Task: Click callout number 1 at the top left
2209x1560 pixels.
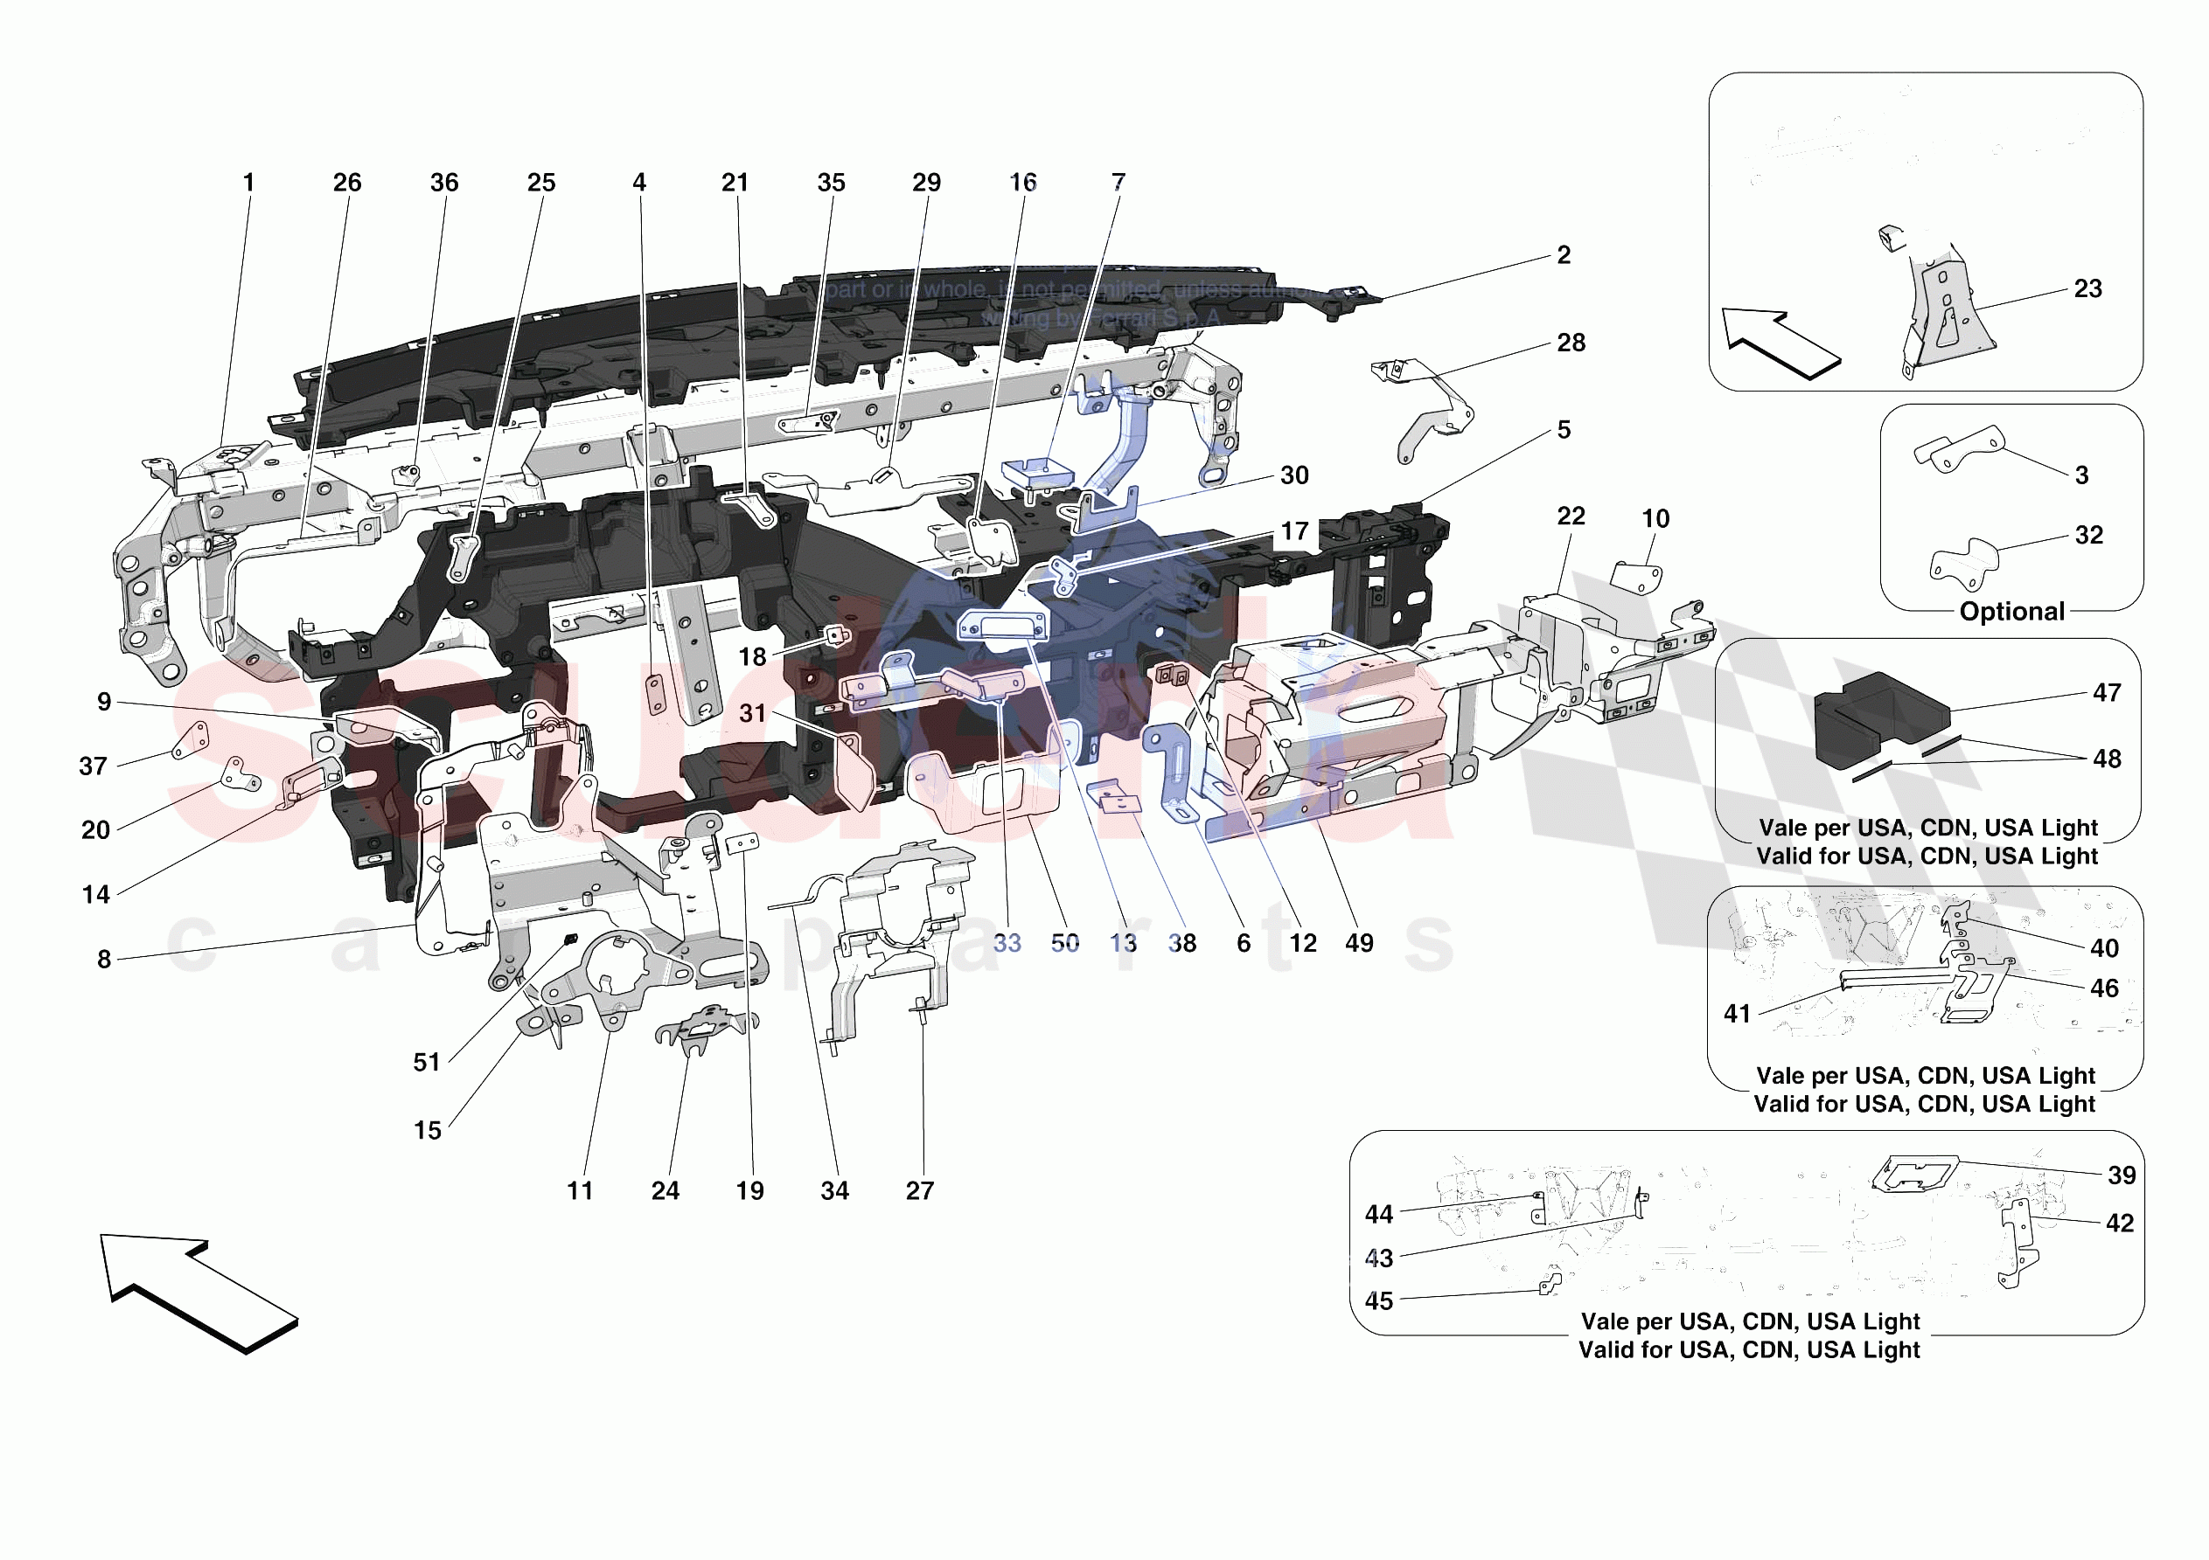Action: tap(248, 183)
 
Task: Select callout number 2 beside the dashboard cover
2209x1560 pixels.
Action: tap(1564, 255)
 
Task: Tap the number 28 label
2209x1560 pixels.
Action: tap(1570, 343)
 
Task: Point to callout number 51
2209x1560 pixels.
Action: tap(426, 1062)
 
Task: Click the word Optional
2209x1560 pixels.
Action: tap(2010, 612)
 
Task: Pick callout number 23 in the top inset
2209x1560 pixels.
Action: tap(2087, 288)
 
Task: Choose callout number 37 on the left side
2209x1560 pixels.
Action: tap(93, 766)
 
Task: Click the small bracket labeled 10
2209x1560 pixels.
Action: tap(1635, 578)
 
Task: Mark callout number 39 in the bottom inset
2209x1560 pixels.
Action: tap(2121, 1175)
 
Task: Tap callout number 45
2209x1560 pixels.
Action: tap(1379, 1301)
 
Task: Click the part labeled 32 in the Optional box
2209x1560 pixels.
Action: tap(1962, 564)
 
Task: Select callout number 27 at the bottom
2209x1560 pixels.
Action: tap(919, 1190)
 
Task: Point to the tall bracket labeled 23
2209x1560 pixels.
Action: tap(1943, 308)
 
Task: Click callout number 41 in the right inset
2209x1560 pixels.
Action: tap(1737, 1014)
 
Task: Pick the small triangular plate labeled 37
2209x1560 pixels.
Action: tap(191, 739)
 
